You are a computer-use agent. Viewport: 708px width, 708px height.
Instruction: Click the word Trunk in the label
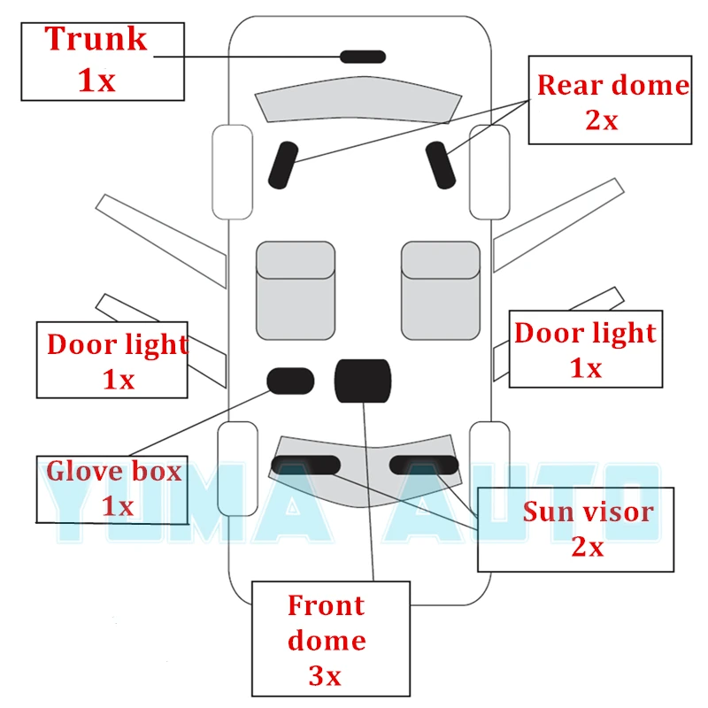tap(96, 39)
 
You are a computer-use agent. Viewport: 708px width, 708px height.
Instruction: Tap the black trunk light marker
tap(363, 57)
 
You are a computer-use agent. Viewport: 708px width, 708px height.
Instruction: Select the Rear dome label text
tap(612, 85)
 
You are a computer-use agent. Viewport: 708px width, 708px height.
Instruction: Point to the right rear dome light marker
tap(440, 165)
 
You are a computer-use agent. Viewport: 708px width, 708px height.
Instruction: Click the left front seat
tap(296, 290)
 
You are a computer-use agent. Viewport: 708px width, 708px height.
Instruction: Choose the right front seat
tap(441, 290)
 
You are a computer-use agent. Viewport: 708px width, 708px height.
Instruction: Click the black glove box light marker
tap(291, 380)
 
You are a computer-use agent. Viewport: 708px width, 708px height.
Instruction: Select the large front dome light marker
tap(362, 381)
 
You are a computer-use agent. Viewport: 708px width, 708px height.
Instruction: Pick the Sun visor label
tap(588, 512)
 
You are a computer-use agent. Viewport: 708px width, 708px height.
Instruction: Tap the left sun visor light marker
tap(305, 465)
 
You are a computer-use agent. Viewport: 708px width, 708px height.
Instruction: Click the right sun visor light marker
tap(424, 465)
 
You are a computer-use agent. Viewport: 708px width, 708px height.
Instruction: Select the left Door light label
tap(117, 343)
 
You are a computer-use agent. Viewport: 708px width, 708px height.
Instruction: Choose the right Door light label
tap(585, 333)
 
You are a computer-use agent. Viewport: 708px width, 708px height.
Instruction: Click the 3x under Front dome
tap(325, 676)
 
